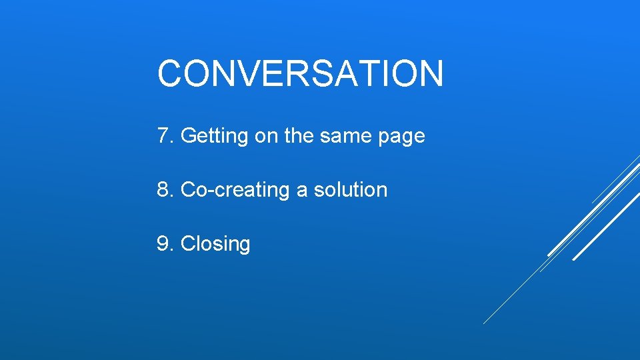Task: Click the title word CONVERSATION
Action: [300, 73]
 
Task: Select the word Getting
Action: [214, 137]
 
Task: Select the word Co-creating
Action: [235, 191]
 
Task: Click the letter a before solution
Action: [302, 191]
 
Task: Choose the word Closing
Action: [215, 245]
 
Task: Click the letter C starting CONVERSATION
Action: [169, 73]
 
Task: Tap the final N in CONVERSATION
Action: [430, 73]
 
